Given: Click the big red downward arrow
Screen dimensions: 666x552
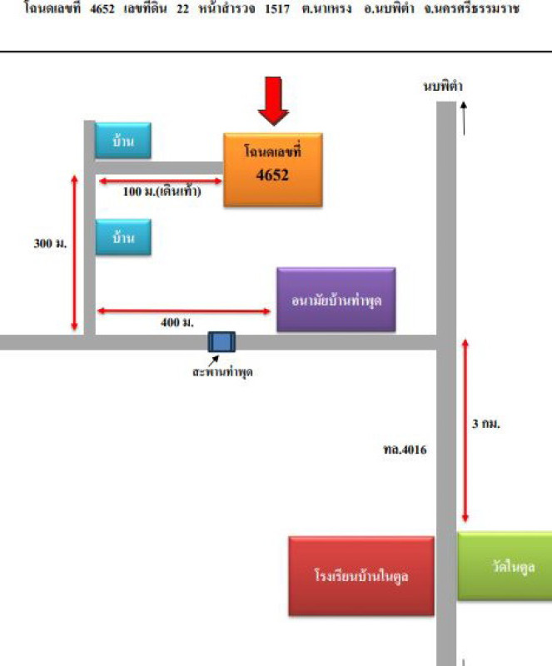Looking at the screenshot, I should (x=273, y=101).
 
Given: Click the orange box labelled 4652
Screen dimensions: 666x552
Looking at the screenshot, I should (x=272, y=169).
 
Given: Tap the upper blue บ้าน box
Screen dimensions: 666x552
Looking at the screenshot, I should (x=124, y=141).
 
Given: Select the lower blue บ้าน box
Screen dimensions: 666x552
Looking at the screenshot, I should (x=124, y=237).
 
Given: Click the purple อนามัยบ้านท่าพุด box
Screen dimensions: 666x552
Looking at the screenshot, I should (x=336, y=300).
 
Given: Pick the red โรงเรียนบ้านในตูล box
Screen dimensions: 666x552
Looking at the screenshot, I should (x=361, y=575).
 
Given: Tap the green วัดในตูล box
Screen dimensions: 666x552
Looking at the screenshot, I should (x=505, y=566).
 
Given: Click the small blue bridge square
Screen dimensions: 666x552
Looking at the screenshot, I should (x=221, y=342).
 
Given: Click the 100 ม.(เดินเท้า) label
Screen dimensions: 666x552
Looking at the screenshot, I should (x=161, y=191).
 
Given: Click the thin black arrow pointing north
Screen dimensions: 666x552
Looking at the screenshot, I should (x=464, y=117).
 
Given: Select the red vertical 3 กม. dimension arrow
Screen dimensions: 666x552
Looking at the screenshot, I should (x=465, y=430).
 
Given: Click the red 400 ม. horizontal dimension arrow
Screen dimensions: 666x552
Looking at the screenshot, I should (x=184, y=311).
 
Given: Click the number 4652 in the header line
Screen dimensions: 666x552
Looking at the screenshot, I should (x=103, y=9).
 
